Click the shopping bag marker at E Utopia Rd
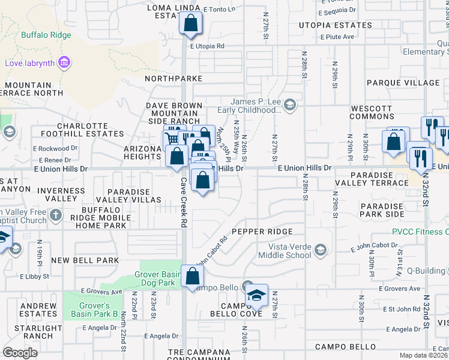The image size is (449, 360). pyautogui.click(x=190, y=25)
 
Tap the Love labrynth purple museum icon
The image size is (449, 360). pyautogui.click(x=65, y=62)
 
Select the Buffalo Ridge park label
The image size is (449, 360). pyautogui.click(x=46, y=35)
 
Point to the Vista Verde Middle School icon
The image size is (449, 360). pyautogui.click(x=321, y=250)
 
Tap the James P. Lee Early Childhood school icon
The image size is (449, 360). pyautogui.click(x=289, y=106)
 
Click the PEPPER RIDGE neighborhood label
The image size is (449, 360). pyautogui.click(x=262, y=232)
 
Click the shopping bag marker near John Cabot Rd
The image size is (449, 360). pyautogui.click(x=192, y=277)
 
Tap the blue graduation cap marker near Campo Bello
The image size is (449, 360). pyautogui.click(x=256, y=296)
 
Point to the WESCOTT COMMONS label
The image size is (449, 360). pyautogui.click(x=372, y=113)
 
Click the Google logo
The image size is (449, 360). pyautogui.click(x=20, y=352)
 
